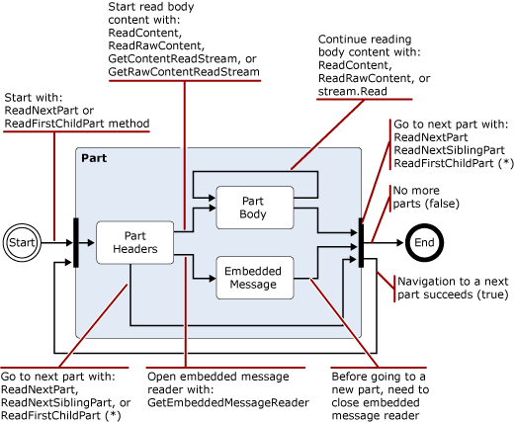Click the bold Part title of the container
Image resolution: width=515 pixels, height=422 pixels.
95,158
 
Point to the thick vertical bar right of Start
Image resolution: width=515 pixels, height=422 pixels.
75,241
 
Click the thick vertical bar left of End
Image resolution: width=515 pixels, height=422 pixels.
362,242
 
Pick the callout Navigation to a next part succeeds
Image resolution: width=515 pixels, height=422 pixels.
452,288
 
